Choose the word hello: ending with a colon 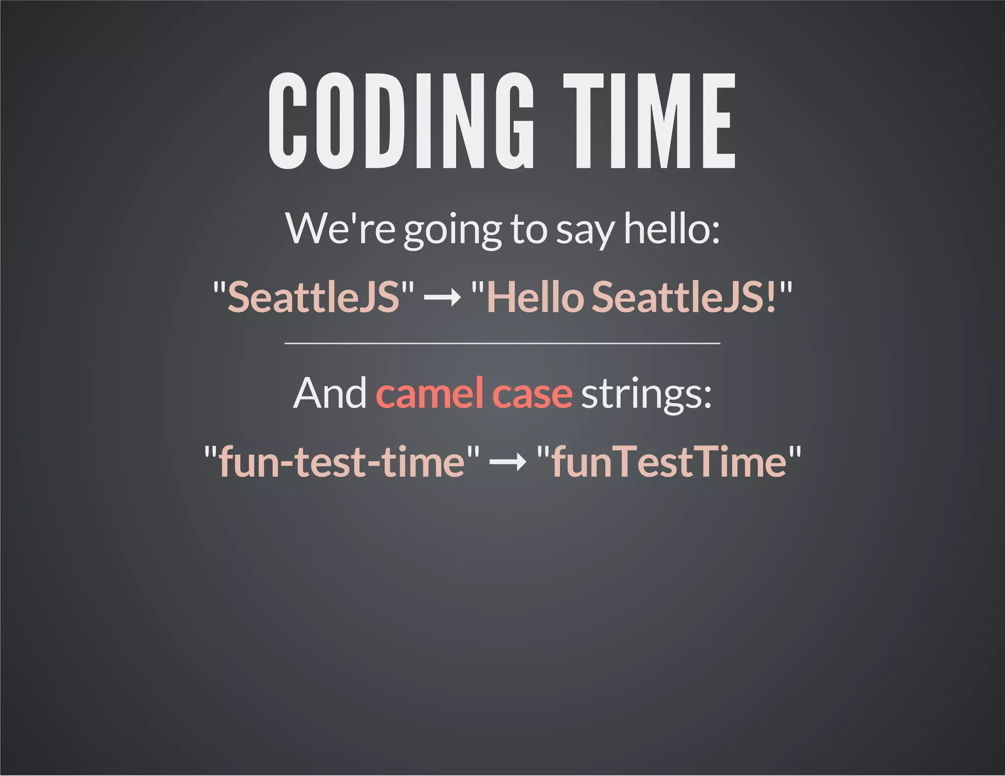coord(671,229)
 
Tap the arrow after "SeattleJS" coord(442,297)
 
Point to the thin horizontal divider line coord(502,343)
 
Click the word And coord(329,393)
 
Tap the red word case coord(532,394)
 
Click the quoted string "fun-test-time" coord(342,462)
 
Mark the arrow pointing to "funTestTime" coord(508,462)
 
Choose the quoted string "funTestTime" coord(669,462)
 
